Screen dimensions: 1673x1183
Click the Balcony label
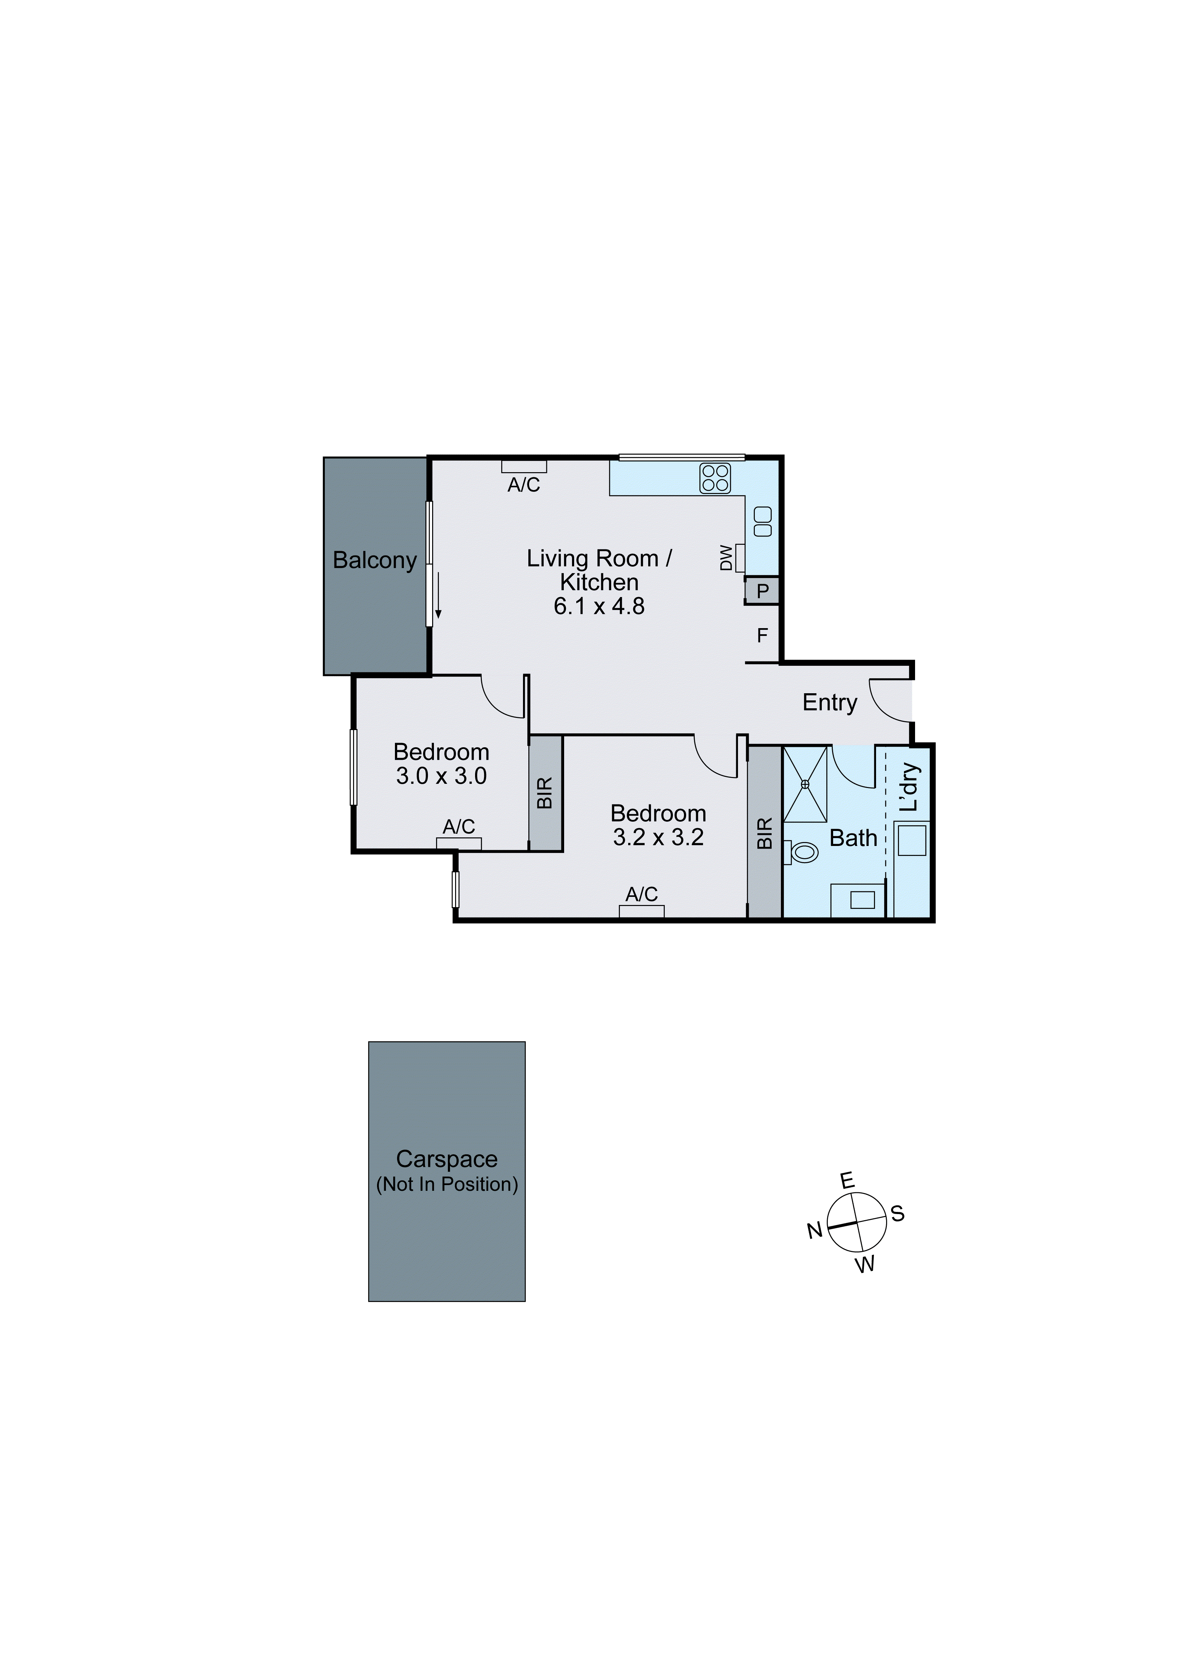(375, 560)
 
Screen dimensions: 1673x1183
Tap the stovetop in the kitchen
(714, 478)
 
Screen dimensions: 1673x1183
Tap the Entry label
(830, 703)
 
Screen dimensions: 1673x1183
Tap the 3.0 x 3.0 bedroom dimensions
(441, 776)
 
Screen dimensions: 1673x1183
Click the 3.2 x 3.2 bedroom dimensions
(658, 837)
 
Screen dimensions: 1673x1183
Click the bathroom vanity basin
(862, 900)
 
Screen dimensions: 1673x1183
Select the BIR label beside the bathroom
(764, 833)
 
